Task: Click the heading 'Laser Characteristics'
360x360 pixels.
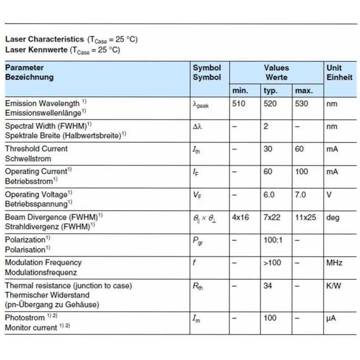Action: click(x=45, y=39)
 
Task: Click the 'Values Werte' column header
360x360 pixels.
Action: click(x=276, y=72)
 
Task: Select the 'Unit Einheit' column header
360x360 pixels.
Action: click(x=339, y=72)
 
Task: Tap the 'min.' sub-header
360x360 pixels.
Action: click(x=240, y=91)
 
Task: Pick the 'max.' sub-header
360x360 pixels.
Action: click(x=304, y=91)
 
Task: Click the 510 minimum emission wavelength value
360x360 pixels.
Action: click(x=239, y=104)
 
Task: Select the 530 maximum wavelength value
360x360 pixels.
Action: click(x=301, y=104)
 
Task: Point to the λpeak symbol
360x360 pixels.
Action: click(x=201, y=105)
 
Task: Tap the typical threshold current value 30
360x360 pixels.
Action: click(x=268, y=149)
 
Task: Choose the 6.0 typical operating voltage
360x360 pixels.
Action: click(x=269, y=195)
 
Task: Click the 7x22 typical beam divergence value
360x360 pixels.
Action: click(x=272, y=217)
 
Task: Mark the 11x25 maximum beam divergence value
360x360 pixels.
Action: click(x=306, y=217)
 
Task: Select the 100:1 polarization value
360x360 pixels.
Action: click(x=273, y=240)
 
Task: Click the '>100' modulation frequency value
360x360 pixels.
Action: click(x=272, y=263)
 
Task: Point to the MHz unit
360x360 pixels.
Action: click(x=334, y=263)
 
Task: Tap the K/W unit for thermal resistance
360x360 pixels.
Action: click(x=333, y=286)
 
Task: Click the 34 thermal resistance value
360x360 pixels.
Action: click(x=268, y=286)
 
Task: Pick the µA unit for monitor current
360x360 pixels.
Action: click(x=331, y=318)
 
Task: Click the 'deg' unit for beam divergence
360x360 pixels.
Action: click(x=333, y=217)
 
